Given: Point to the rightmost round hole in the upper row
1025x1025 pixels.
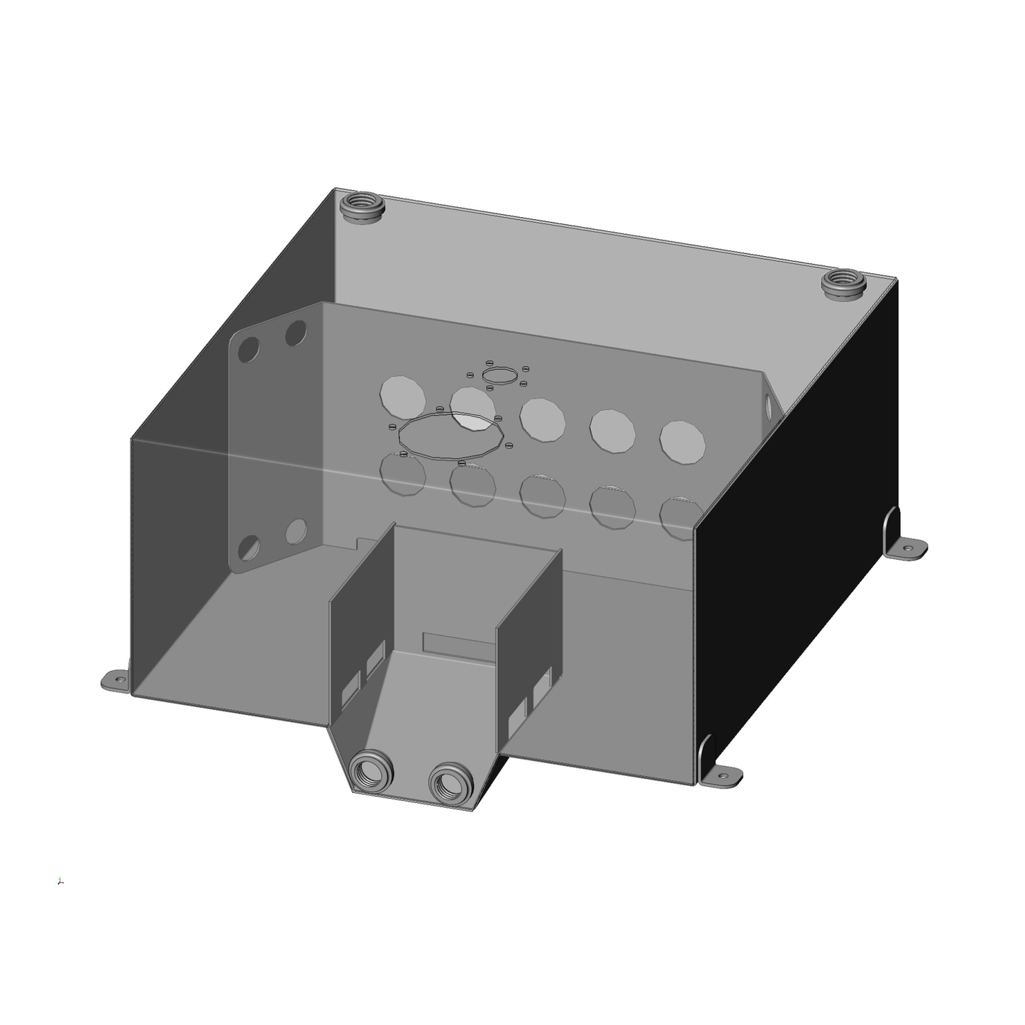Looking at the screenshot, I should tap(683, 443).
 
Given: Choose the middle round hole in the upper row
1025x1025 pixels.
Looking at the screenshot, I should tap(543, 419).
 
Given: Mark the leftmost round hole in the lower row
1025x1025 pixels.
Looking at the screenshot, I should tap(403, 474).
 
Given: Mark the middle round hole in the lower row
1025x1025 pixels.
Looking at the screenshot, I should tap(543, 495).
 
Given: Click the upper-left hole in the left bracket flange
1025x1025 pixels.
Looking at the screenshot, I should tap(249, 349).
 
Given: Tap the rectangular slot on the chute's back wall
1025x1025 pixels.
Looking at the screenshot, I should tap(458, 643).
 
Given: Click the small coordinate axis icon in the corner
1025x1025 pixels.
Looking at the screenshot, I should tap(61, 882).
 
